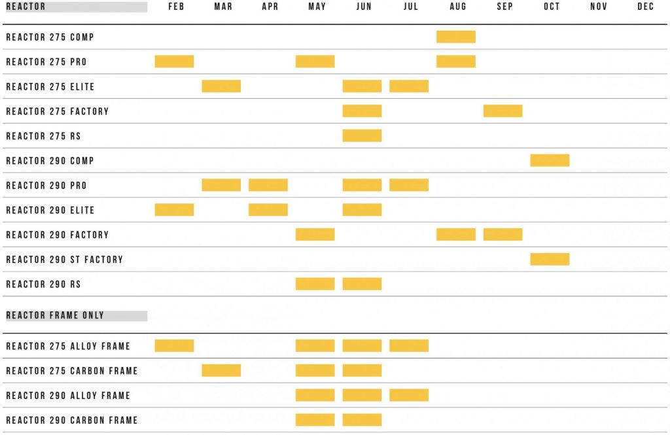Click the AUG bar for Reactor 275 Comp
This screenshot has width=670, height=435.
[456, 37]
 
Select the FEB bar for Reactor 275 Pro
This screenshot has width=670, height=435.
[174, 61]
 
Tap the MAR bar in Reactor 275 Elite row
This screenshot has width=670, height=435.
[221, 86]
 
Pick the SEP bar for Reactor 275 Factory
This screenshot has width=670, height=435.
[503, 111]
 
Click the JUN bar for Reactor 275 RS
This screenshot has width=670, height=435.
[362, 136]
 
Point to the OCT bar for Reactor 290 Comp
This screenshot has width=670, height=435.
[550, 160]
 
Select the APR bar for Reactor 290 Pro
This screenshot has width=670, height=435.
[268, 185]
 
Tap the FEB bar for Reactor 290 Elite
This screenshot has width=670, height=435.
[174, 210]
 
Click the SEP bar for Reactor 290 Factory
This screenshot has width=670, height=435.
[503, 235]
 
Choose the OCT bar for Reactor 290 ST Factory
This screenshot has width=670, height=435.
[550, 260]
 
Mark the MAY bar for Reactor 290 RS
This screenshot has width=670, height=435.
[315, 284]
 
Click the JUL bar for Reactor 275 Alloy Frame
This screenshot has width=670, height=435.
[409, 345]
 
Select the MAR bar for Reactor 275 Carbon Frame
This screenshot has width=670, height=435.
[221, 370]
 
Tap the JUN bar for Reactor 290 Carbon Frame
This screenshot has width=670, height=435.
[362, 420]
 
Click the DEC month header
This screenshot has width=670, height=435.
[646, 7]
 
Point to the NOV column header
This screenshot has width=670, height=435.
[599, 7]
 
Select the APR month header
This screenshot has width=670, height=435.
[270, 7]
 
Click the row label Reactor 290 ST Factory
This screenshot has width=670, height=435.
[65, 260]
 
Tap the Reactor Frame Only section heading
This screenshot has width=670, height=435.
[55, 315]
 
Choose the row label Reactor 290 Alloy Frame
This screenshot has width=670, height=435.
[68, 396]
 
